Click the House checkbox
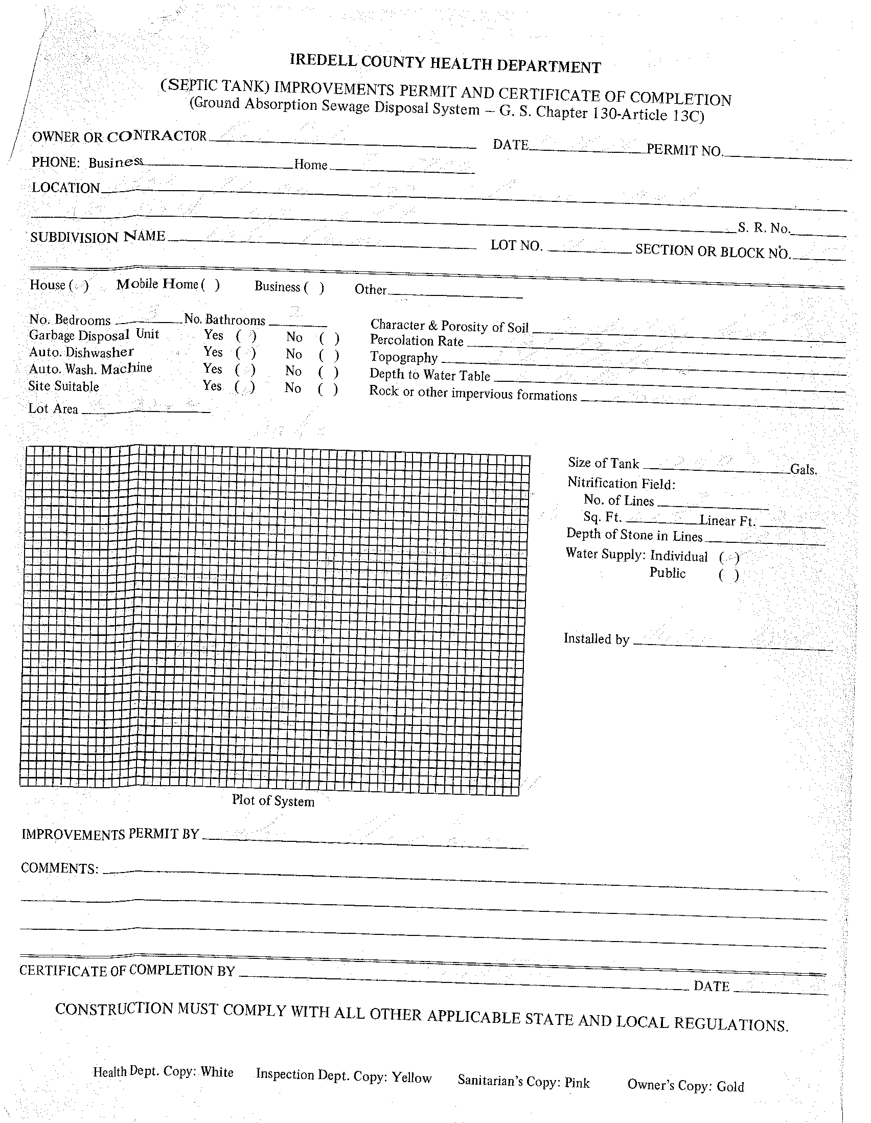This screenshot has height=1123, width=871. (79, 285)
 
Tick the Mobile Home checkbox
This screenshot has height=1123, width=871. (210, 284)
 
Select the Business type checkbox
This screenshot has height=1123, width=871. (314, 287)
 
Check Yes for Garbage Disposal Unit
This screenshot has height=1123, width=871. (246, 337)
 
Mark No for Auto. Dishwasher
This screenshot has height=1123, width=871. (329, 355)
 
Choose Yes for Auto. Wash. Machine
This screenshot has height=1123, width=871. (245, 370)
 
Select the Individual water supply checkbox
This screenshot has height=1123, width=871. (729, 557)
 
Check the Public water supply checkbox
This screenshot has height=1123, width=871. (728, 575)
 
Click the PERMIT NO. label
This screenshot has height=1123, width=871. (684, 150)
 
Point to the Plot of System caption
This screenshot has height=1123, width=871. (273, 801)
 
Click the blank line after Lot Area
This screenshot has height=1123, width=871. (146, 411)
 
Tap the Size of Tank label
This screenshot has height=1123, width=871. (603, 463)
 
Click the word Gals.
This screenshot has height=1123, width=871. (804, 469)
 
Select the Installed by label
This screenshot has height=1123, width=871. (597, 638)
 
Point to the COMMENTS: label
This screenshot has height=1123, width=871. (60, 868)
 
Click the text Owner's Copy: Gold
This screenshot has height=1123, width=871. (685, 1086)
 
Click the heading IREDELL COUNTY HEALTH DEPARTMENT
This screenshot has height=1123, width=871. (445, 64)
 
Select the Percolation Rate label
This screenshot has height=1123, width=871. (417, 341)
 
